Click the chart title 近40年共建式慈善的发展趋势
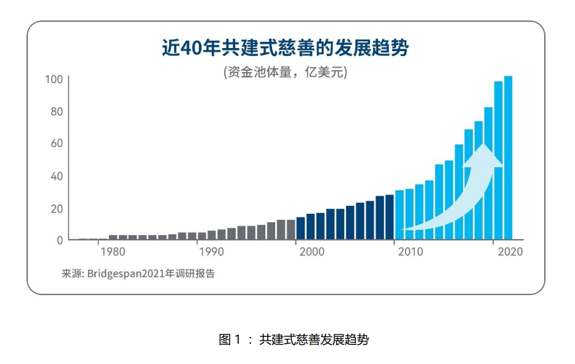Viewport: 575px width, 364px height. point(285,48)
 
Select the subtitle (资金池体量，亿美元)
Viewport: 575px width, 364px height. point(285,72)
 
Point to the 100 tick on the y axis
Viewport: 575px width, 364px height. point(54,79)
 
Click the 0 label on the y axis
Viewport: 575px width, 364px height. point(60,240)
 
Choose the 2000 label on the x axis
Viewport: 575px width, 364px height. point(310,252)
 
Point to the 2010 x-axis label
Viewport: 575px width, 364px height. point(409,252)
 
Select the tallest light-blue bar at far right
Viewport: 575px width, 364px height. point(509,158)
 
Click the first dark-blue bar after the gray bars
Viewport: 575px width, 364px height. point(300,228)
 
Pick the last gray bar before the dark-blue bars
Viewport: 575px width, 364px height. point(291,229)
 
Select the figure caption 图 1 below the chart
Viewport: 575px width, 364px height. point(294,339)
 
